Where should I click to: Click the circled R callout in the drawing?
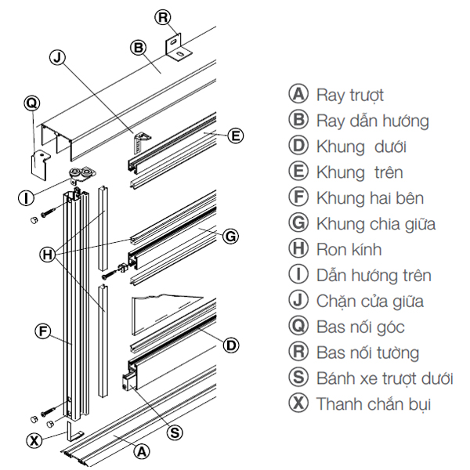[x=163, y=17]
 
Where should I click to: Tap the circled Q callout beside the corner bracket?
[x=32, y=103]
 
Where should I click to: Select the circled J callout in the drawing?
[x=57, y=57]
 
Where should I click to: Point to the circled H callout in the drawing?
[x=48, y=255]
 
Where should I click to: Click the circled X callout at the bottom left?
[x=34, y=440]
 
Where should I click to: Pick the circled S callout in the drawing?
[x=175, y=433]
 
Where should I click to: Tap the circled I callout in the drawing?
[x=27, y=198]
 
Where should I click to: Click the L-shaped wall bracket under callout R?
[x=179, y=48]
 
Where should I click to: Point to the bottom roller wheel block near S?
[x=129, y=382]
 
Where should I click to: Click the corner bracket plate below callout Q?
[x=40, y=164]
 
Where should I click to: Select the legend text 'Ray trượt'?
[x=350, y=96]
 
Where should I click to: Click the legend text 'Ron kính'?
[x=349, y=250]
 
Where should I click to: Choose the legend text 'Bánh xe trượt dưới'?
[x=385, y=378]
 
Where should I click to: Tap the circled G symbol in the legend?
[x=298, y=222]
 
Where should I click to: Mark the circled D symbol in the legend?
[x=298, y=146]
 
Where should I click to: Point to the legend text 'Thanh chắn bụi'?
[x=374, y=404]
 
